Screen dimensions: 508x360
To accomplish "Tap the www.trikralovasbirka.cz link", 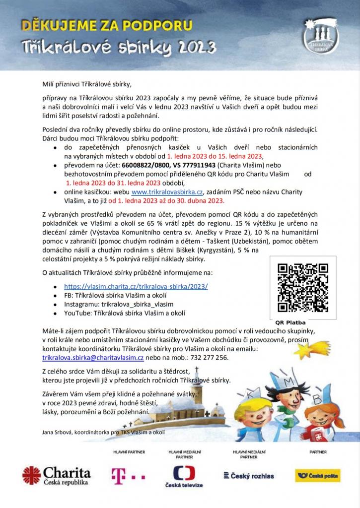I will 167,192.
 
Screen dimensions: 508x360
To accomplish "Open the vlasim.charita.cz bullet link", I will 136,286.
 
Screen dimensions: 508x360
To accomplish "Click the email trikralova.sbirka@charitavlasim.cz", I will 93,357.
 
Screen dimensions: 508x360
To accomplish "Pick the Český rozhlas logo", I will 249,476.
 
